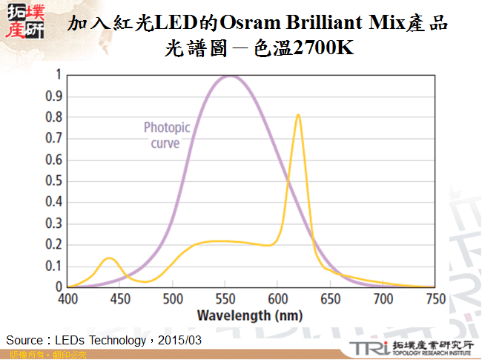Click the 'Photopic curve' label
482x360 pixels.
click(x=166, y=135)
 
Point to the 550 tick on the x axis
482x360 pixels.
click(x=225, y=298)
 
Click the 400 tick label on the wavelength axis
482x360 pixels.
click(x=68, y=298)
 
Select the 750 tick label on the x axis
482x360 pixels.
click(x=435, y=298)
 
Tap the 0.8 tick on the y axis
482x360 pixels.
click(x=54, y=117)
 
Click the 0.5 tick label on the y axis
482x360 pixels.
click(x=54, y=181)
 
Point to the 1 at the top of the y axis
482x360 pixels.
click(x=59, y=74)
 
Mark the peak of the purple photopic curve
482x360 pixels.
click(x=230, y=76)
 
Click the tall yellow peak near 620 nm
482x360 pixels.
click(x=298, y=115)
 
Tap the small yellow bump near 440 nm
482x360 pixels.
click(x=109, y=258)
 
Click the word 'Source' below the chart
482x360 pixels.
click(x=23, y=340)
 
